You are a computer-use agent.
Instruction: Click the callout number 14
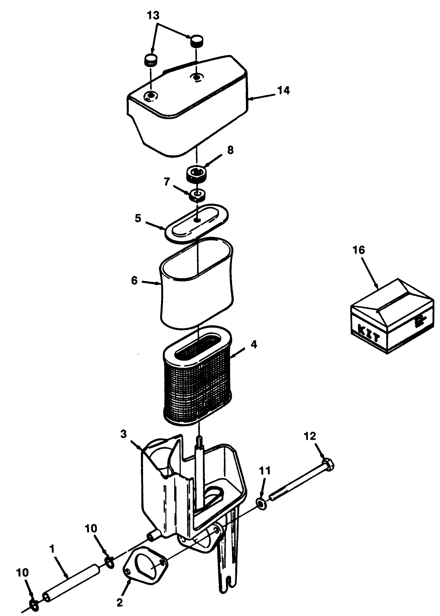pyautogui.click(x=283, y=90)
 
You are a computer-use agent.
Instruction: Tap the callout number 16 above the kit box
pyautogui.click(x=359, y=250)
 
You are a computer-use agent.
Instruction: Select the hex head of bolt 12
pyautogui.click(x=328, y=465)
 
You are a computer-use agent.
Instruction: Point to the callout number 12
pyautogui.click(x=310, y=436)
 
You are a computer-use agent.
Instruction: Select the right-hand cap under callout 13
pyautogui.click(x=197, y=41)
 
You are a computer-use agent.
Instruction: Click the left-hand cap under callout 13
pyautogui.click(x=151, y=60)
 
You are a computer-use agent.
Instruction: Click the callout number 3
pyautogui.click(x=123, y=434)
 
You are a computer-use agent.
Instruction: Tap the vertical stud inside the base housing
pyautogui.click(x=199, y=469)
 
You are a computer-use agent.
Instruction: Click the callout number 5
pyautogui.click(x=138, y=218)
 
